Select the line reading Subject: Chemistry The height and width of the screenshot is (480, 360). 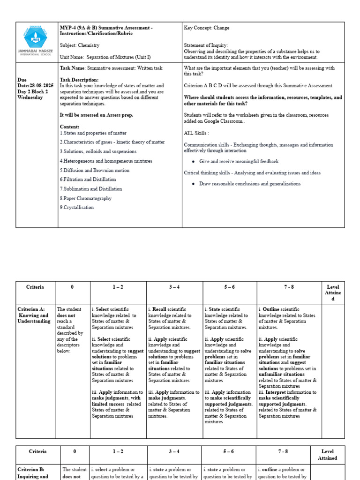(x=80, y=45)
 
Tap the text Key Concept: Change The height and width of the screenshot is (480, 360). (x=207, y=28)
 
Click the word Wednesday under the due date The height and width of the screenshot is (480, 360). (x=30, y=97)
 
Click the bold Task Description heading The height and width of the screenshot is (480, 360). (x=79, y=80)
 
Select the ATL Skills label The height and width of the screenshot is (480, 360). (x=196, y=133)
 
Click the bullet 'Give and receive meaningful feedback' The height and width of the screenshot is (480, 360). (x=239, y=161)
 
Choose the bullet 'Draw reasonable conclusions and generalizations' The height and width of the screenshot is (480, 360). (x=250, y=184)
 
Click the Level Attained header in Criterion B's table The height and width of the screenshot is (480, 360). (x=328, y=455)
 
